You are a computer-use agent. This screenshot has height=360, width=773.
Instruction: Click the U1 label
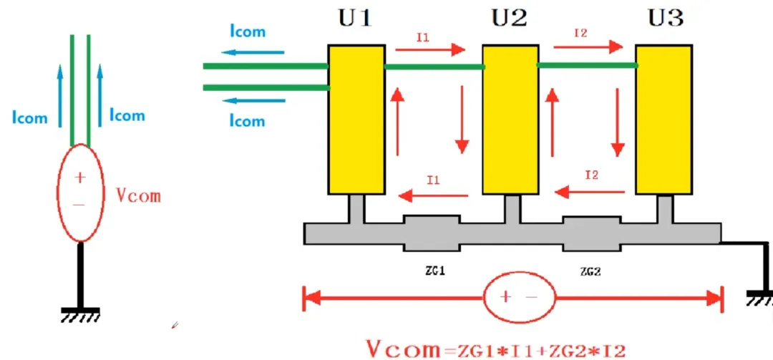(355, 16)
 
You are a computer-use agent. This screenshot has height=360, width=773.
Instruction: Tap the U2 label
(510, 16)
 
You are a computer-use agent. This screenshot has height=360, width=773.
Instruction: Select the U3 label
(665, 16)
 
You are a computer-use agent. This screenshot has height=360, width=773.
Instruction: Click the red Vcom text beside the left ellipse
(138, 195)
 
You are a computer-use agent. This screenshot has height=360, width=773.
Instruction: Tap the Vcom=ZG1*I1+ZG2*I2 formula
(496, 349)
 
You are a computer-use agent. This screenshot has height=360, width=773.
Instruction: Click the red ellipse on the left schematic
(80, 192)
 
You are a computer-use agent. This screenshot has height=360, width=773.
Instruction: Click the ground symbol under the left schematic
(80, 313)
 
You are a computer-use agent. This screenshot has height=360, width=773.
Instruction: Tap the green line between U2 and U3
(588, 65)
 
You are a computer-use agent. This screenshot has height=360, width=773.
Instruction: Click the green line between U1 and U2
(434, 67)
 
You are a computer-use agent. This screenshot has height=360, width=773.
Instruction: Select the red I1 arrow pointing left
(434, 193)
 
